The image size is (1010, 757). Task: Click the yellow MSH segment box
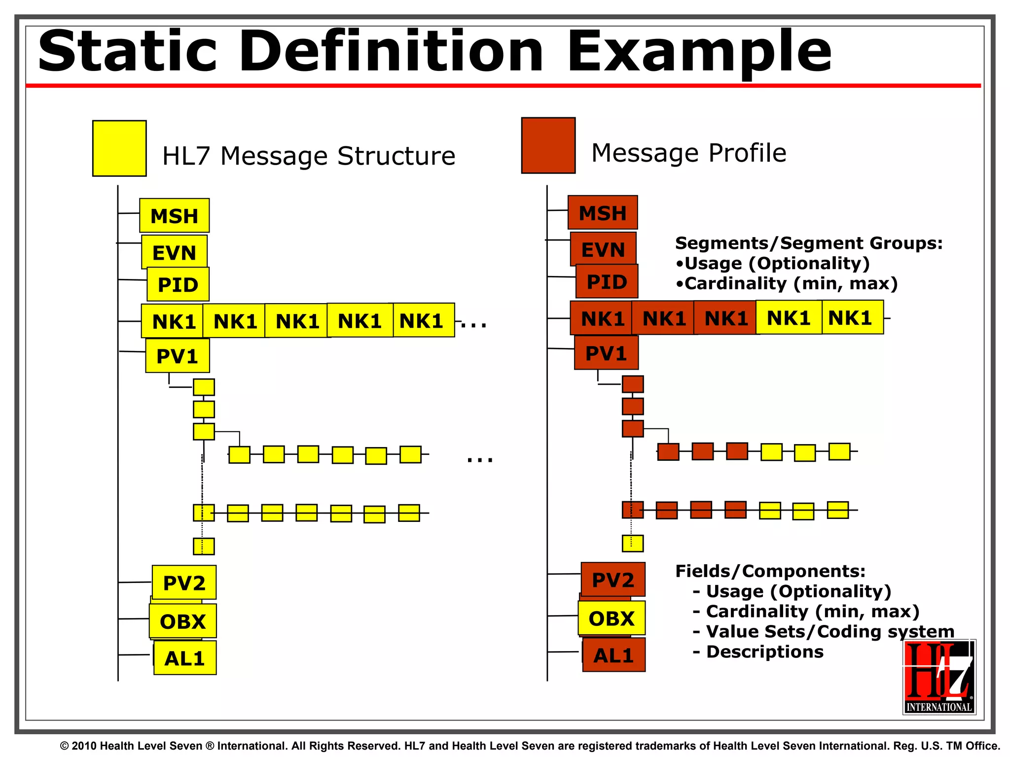(x=174, y=216)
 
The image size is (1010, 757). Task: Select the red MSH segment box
(x=603, y=213)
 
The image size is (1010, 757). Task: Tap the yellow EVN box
(x=174, y=252)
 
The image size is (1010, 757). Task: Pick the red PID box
(x=607, y=282)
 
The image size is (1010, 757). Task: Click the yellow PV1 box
(x=177, y=356)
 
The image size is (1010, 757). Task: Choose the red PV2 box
(x=613, y=580)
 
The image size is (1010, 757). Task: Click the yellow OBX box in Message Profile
(x=612, y=619)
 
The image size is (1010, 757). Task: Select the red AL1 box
(x=613, y=655)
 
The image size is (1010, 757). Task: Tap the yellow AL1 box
(x=184, y=658)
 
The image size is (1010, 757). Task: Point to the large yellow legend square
(x=119, y=148)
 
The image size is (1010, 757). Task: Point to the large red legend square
(x=548, y=145)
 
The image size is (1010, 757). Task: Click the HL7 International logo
(x=939, y=677)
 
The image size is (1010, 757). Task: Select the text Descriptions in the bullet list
(x=764, y=652)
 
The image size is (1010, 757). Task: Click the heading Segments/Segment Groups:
(x=808, y=243)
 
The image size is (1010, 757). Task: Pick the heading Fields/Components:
(x=770, y=571)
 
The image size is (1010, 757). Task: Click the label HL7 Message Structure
(x=308, y=156)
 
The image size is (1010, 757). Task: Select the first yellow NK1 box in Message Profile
(x=789, y=318)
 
